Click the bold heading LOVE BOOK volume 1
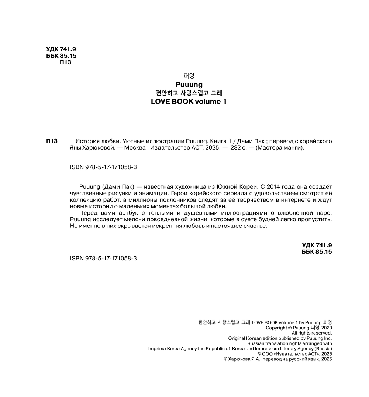pos(189,102)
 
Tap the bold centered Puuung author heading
pos(189,84)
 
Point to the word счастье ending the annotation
pos(254,226)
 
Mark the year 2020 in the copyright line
pos(327,328)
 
